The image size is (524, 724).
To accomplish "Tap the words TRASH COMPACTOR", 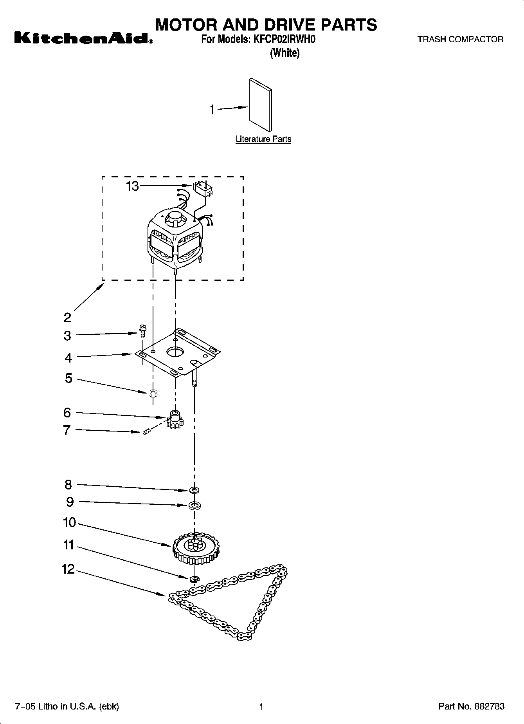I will [x=460, y=39].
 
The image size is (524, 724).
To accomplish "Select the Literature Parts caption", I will [x=263, y=139].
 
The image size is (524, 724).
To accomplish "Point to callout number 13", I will [x=132, y=186].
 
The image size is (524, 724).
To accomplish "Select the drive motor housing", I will [x=175, y=239].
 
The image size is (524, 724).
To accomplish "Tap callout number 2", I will [x=68, y=317].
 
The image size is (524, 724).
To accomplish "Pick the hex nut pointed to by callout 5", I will [x=153, y=393].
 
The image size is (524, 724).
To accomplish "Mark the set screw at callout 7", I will [x=147, y=432].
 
